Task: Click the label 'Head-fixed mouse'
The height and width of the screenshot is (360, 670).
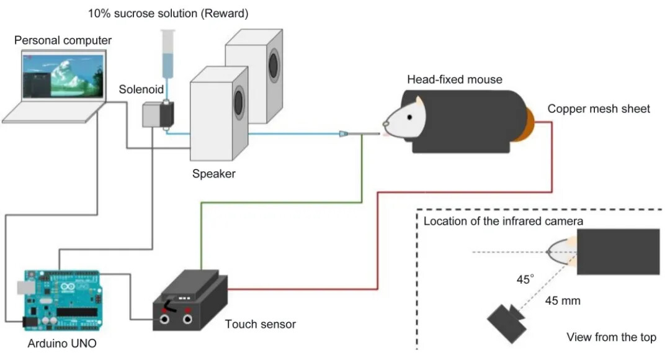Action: pos(454,79)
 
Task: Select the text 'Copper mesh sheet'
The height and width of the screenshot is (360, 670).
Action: pos(599,109)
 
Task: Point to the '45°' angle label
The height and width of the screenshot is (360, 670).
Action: pos(525,280)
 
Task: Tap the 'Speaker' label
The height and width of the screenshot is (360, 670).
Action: pos(213,174)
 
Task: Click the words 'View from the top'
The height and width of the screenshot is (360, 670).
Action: pos(611,338)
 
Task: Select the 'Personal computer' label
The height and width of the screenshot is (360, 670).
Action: pos(63,40)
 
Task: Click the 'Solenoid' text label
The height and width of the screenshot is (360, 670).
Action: pos(141,90)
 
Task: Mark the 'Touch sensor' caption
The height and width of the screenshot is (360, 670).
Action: pos(261,324)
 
